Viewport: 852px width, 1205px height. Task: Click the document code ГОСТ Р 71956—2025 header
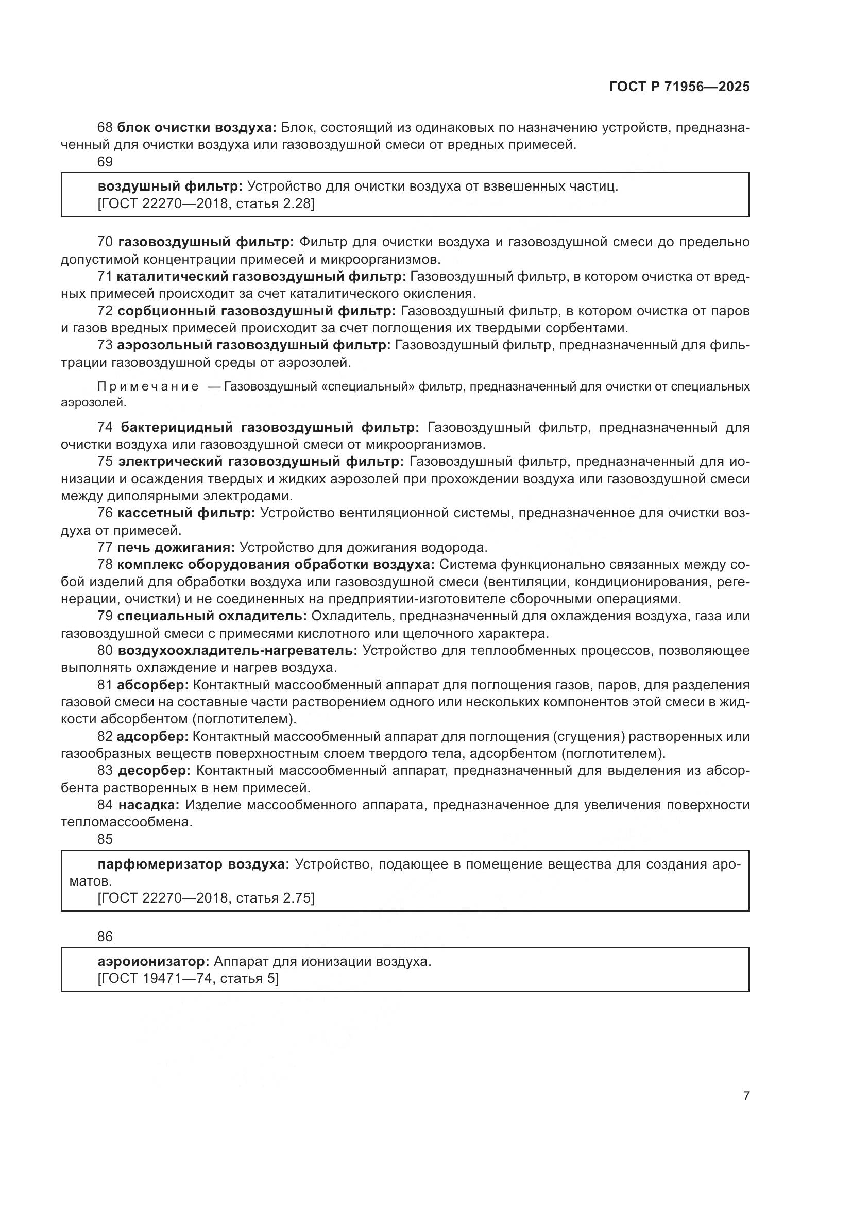point(679,87)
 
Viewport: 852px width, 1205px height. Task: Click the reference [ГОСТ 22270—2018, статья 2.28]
point(206,203)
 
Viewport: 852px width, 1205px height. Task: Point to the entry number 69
point(105,162)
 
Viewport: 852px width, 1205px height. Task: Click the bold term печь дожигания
point(176,548)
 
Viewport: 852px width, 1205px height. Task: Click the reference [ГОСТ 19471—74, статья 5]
point(188,979)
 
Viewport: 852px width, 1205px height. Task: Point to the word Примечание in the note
point(148,387)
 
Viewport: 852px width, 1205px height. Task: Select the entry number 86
point(105,936)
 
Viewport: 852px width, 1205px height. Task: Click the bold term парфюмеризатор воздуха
point(194,864)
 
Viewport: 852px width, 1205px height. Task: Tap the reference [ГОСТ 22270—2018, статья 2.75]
point(206,898)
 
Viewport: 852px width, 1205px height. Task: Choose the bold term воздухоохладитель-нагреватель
point(237,651)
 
